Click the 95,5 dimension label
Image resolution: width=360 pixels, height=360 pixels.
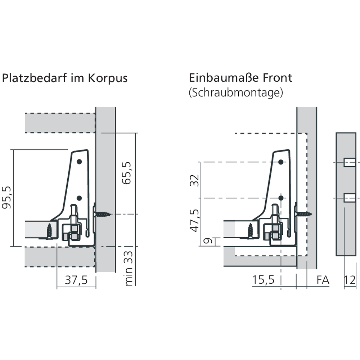point(6,197)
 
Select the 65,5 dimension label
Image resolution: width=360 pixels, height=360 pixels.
point(126,173)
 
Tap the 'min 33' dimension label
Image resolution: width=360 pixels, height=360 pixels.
point(129,269)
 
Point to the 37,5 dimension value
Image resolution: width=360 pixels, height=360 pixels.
point(76,280)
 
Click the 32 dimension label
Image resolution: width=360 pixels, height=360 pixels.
point(194,180)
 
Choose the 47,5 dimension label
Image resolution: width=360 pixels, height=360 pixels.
point(194,220)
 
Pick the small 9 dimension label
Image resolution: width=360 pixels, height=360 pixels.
point(208,241)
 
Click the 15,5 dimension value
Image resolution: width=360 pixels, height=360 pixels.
point(263,280)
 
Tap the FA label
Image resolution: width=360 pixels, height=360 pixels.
point(323,280)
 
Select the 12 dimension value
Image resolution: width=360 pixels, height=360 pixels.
point(350,280)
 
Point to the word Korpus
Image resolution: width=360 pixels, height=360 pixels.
point(108,78)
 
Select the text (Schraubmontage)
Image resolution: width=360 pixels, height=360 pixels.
point(236,93)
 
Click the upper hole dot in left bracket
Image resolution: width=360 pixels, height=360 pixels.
point(79,162)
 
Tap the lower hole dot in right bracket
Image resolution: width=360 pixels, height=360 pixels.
point(281,198)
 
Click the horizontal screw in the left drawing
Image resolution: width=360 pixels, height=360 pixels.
point(103,215)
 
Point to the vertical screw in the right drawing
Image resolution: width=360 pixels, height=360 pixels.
point(251,231)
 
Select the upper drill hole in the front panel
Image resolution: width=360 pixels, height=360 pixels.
point(350,162)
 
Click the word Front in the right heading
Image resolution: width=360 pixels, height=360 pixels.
point(277,78)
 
